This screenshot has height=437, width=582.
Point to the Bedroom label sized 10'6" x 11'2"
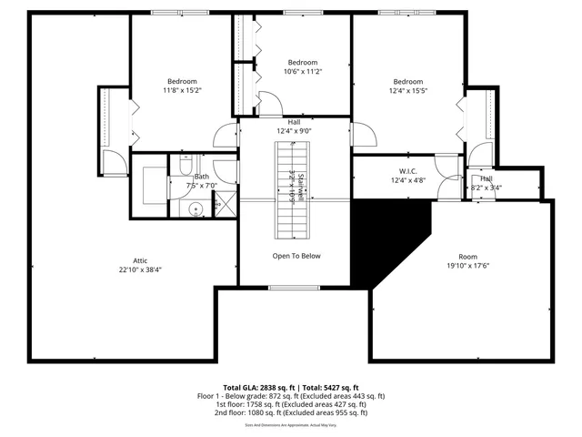[303, 62]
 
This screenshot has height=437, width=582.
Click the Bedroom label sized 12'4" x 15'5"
[408, 80]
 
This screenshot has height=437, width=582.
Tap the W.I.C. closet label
[407, 170]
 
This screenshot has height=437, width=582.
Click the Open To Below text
[296, 256]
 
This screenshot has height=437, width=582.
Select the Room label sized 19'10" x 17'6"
[467, 257]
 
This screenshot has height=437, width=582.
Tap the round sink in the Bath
[195, 210]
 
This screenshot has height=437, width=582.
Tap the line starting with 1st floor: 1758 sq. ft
[291, 404]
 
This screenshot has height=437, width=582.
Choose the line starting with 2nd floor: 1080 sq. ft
[291, 413]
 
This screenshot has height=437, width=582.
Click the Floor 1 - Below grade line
[291, 396]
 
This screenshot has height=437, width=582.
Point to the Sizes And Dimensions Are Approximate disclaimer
[291, 425]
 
